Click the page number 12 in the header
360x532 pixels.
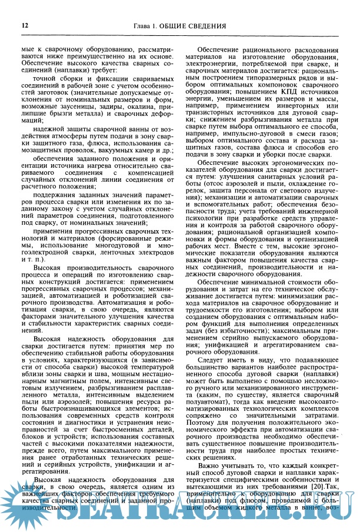pyautogui.click(x=25, y=25)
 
